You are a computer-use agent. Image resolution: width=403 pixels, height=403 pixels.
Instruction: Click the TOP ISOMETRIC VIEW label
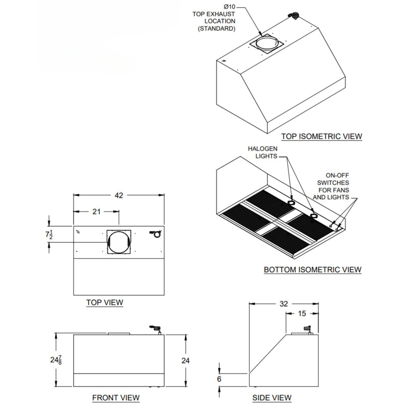point(321,136)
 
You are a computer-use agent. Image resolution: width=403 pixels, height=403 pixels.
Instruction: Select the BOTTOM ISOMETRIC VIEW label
point(312,270)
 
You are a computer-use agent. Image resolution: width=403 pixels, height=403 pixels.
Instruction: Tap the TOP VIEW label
point(105,302)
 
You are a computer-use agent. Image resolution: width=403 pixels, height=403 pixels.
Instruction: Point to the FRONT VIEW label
point(115,397)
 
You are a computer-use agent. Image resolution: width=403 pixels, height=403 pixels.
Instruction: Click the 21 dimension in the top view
point(96,212)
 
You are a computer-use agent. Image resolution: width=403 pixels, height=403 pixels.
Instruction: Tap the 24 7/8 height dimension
point(56,360)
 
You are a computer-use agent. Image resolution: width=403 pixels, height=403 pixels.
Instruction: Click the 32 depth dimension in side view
point(284,303)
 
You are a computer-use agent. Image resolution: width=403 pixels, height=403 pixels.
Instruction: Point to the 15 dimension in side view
point(302,313)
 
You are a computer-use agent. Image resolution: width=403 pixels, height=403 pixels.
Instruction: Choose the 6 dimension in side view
point(219,378)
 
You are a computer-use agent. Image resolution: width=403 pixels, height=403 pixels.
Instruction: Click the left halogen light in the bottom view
point(291,202)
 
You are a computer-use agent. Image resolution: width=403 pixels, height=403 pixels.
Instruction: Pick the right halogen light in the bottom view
point(314,216)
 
